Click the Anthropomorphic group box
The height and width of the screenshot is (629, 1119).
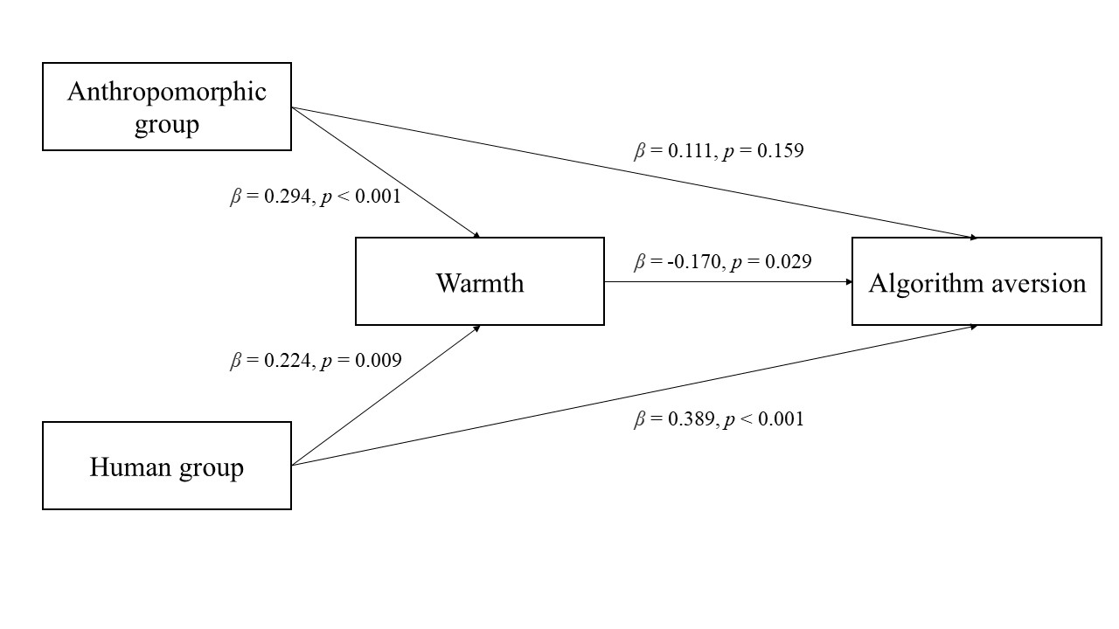pyautogui.click(x=166, y=107)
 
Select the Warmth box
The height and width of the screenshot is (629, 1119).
pyautogui.click(x=479, y=281)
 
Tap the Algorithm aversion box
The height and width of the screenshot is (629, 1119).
pyautogui.click(x=977, y=281)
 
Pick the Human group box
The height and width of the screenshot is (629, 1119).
pyautogui.click(x=166, y=466)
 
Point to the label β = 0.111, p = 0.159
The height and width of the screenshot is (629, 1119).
pyautogui.click(x=719, y=150)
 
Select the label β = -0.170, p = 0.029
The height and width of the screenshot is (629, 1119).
pyautogui.click(x=722, y=260)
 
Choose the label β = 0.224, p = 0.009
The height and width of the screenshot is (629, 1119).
pyautogui.click(x=316, y=360)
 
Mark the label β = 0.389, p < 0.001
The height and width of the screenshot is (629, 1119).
pyautogui.click(x=719, y=419)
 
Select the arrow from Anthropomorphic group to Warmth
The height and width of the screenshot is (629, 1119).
pyautogui.click(x=385, y=172)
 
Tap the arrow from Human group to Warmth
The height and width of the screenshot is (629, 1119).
pyautogui.click(x=385, y=395)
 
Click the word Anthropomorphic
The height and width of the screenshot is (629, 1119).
pyautogui.click(x=166, y=92)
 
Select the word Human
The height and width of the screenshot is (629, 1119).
pyautogui.click(x=127, y=468)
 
